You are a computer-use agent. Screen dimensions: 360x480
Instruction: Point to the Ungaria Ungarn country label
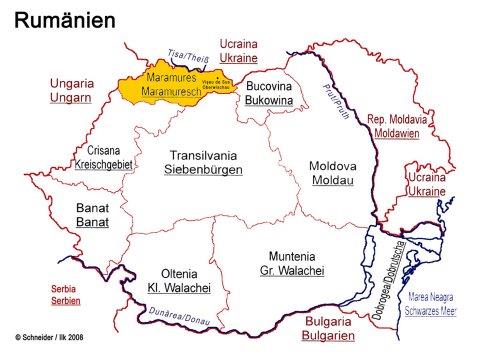71,92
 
